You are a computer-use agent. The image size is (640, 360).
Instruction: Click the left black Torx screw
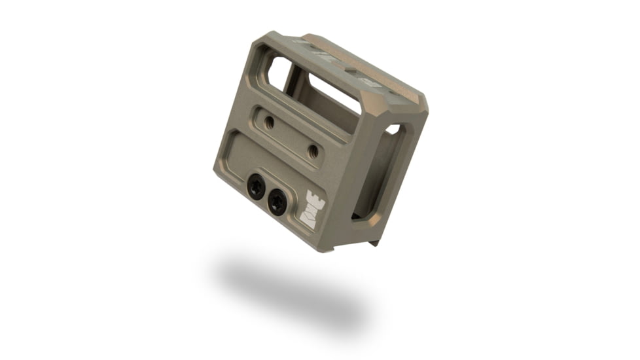(x=257, y=188)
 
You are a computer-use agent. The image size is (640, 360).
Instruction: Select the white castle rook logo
(x=311, y=209)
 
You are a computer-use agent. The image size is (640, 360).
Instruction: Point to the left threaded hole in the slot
(x=268, y=121)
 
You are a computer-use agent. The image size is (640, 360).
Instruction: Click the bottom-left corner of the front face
(x=217, y=171)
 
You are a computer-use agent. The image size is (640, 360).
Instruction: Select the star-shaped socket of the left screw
(x=257, y=188)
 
